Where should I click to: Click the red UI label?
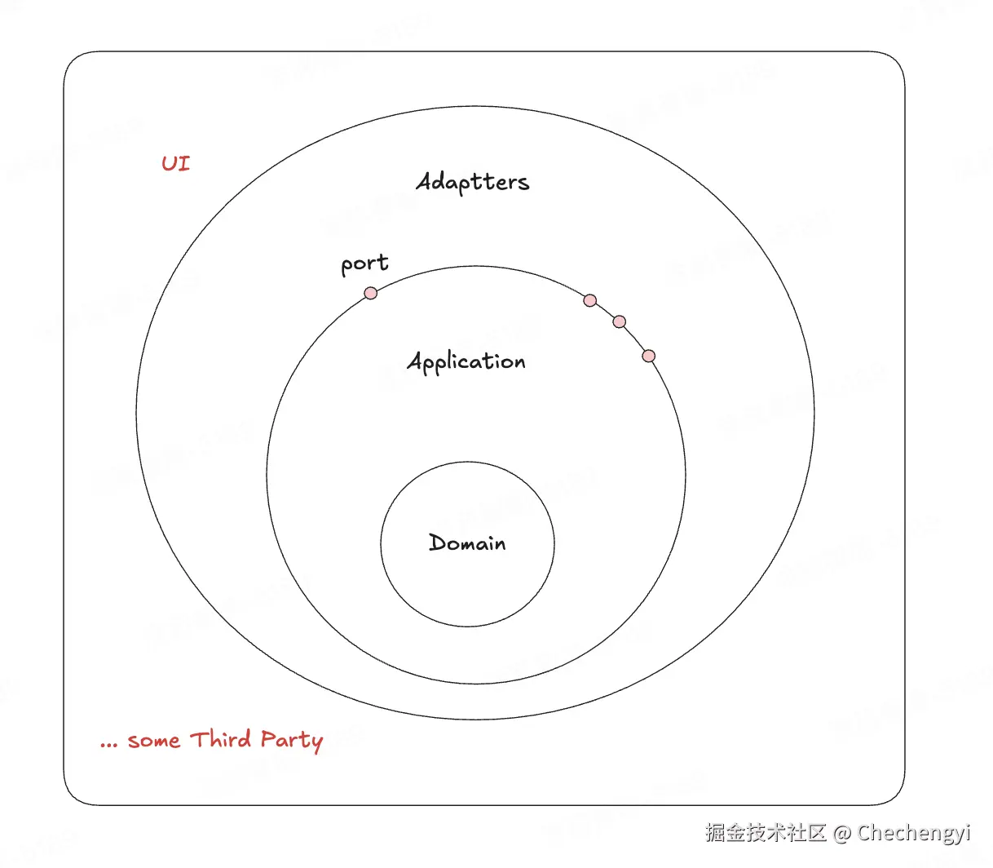[175, 163]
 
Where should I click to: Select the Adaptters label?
[473, 182]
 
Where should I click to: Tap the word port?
[364, 264]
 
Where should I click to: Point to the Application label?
[466, 361]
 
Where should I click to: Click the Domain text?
[467, 543]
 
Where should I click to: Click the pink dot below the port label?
[371, 293]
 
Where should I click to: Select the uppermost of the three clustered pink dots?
[590, 300]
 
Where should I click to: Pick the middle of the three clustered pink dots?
[620, 321]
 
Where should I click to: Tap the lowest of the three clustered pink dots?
[649, 356]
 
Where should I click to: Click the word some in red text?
[153, 741]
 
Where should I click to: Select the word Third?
[220, 739]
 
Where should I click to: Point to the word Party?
[292, 741]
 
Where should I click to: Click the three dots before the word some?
[109, 744]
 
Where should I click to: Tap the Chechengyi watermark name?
[914, 833]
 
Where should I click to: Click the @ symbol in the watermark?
[842, 833]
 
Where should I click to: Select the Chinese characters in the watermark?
[766, 832]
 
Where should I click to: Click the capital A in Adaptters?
[426, 180]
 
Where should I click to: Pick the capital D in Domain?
[438, 542]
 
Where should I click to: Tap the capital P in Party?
[269, 739]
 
